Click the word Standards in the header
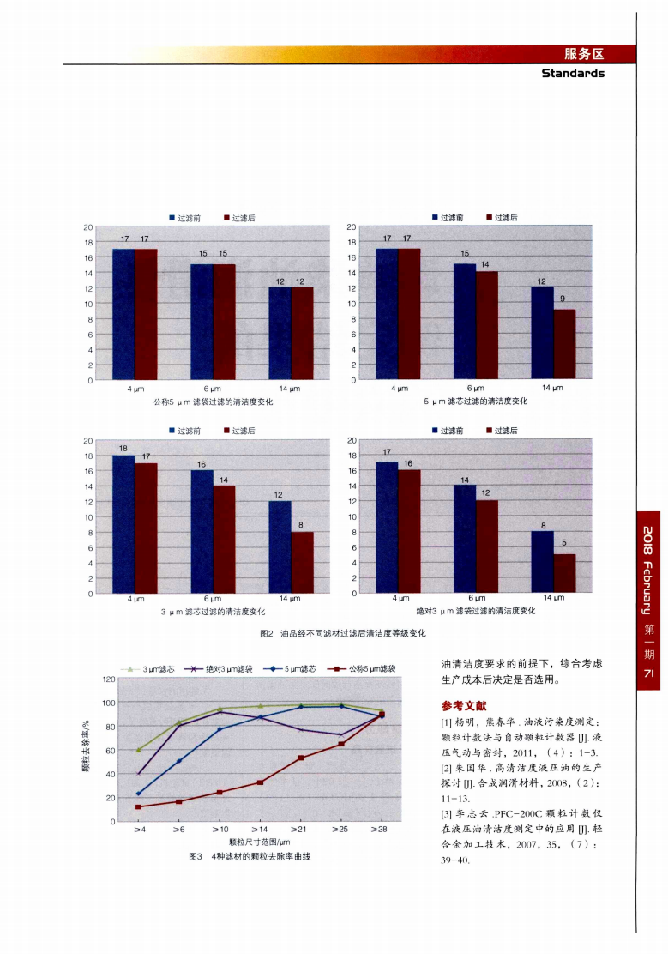[573, 73]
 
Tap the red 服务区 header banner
[584, 54]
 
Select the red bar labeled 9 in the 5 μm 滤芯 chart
[564, 344]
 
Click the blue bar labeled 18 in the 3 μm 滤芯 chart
[123, 523]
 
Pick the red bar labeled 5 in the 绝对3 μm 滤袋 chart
[564, 573]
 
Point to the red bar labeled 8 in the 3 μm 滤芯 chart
[302, 562]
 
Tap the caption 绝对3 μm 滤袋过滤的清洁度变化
[476, 611]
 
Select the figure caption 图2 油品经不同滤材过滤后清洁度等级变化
[342, 634]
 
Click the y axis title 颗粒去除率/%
[86, 750]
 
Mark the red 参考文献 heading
[464, 706]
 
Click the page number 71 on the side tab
[649, 674]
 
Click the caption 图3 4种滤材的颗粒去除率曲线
[249, 857]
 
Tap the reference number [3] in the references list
[447, 812]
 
